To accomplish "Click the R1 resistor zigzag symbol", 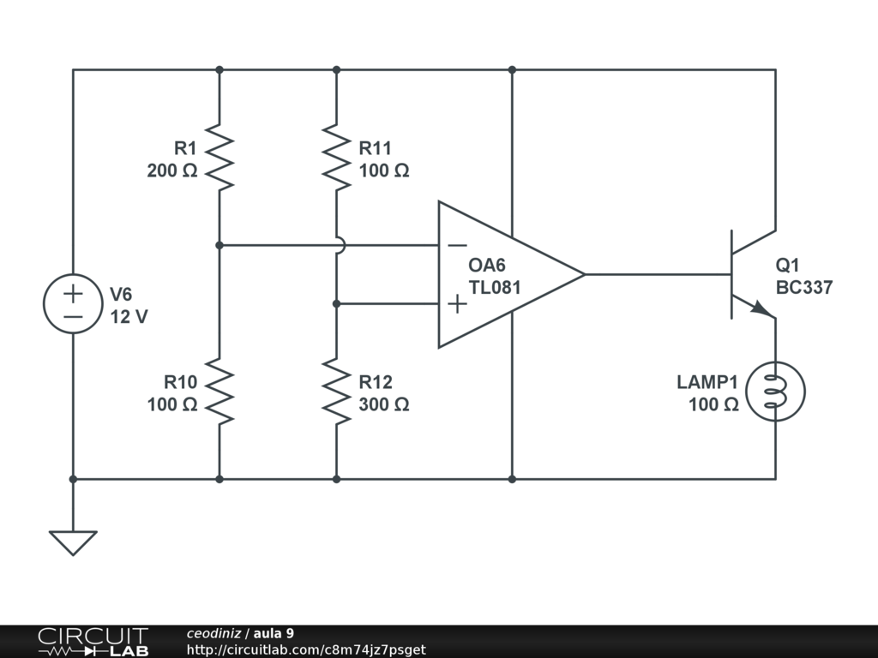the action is click(x=219, y=158).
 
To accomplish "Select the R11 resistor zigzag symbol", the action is click(x=336, y=158).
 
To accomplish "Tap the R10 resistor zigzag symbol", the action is click(x=219, y=391).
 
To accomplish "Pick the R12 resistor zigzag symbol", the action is click(x=336, y=391).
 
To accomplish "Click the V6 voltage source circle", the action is click(x=73, y=274).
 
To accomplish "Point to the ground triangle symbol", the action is click(x=73, y=542).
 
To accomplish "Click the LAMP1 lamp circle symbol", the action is click(x=776, y=362).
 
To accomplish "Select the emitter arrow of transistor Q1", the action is click(x=761, y=308).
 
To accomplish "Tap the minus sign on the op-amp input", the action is click(x=458, y=245).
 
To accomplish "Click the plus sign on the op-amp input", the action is click(x=458, y=304).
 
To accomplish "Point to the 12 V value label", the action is click(x=129, y=317).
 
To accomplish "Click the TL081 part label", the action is click(x=495, y=287).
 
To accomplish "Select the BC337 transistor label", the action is click(x=804, y=287).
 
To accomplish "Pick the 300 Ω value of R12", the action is click(x=383, y=404).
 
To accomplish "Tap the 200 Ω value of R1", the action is click(x=171, y=170).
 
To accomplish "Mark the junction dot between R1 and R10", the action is click(x=219, y=245).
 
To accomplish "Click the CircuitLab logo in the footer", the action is click(x=93, y=642).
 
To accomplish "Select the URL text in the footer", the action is click(x=306, y=649).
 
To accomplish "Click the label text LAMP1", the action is click(x=707, y=382).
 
